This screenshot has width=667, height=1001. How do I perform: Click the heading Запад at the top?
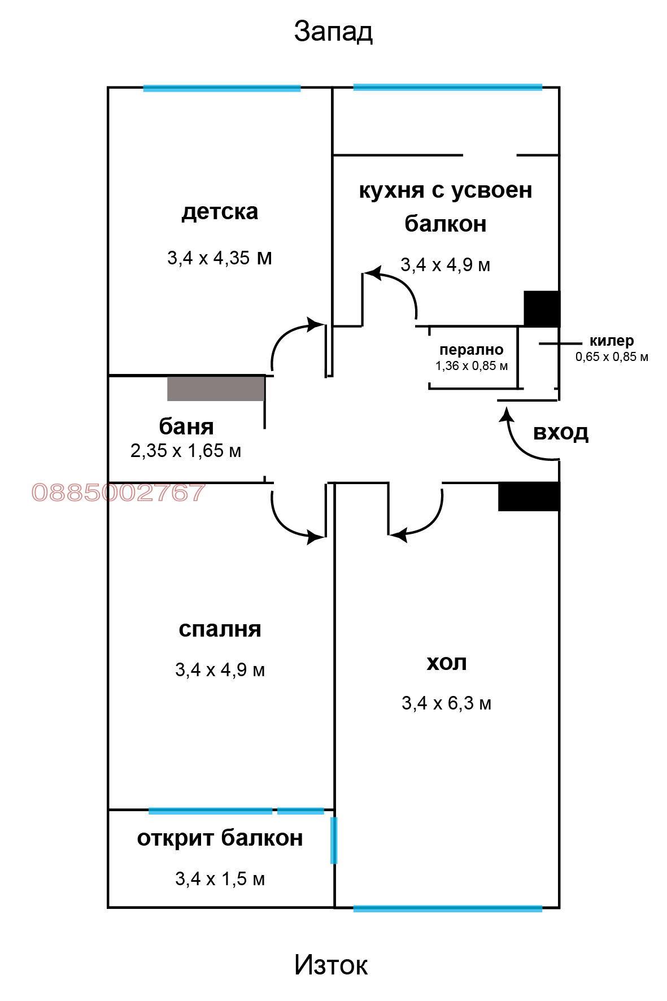[x=333, y=32]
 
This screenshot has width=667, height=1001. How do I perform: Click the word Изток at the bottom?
[x=331, y=965]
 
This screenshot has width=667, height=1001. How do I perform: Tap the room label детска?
[x=220, y=212]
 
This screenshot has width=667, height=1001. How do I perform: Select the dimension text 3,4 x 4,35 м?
[x=219, y=258]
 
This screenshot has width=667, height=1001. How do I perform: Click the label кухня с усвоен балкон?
[x=446, y=207]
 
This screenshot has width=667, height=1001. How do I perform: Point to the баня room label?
[x=186, y=426]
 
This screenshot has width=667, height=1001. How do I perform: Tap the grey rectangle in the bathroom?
[x=216, y=389]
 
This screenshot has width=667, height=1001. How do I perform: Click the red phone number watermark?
[x=119, y=493]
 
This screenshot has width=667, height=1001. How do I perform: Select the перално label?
[x=471, y=350]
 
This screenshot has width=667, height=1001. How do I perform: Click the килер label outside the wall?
[x=612, y=341]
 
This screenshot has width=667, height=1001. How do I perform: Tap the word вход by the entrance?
[x=561, y=432]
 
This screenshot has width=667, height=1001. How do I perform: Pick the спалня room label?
[x=220, y=629]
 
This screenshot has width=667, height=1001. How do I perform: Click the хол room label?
[x=446, y=663]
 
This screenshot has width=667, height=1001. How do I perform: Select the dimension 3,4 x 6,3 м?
[x=446, y=703]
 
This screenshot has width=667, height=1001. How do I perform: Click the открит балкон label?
[x=220, y=838]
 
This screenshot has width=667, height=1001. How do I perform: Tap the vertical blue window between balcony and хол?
[x=334, y=840]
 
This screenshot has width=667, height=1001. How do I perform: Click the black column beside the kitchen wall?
[x=542, y=308]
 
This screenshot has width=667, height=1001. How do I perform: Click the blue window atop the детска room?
[x=222, y=88]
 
